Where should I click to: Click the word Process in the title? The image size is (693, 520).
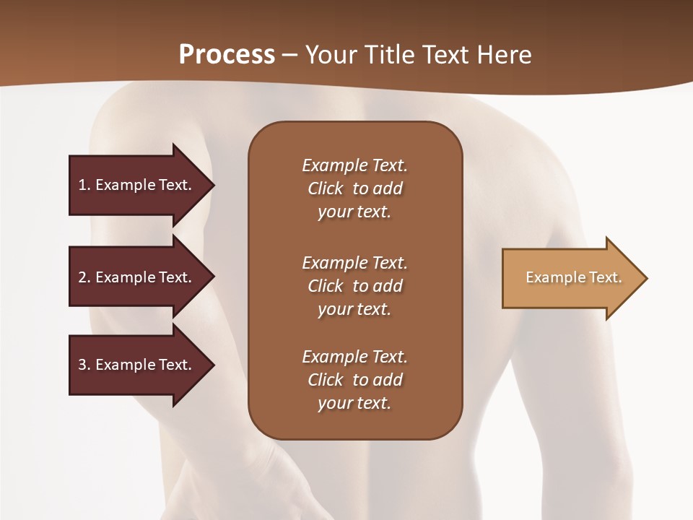point(227,55)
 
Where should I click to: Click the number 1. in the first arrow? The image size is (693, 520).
point(84,185)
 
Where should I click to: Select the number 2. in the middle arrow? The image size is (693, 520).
point(84,277)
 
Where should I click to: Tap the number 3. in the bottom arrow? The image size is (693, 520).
point(84,365)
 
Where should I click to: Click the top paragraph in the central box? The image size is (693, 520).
point(354,188)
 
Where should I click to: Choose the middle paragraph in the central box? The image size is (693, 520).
point(354,286)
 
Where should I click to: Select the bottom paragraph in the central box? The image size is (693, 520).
point(354,380)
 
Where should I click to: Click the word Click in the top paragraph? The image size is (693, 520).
point(325,188)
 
